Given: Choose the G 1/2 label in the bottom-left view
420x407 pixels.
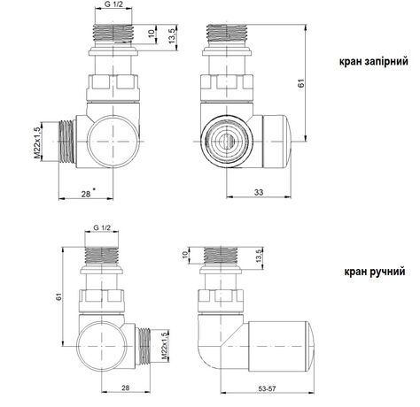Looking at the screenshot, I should coord(104,229).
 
